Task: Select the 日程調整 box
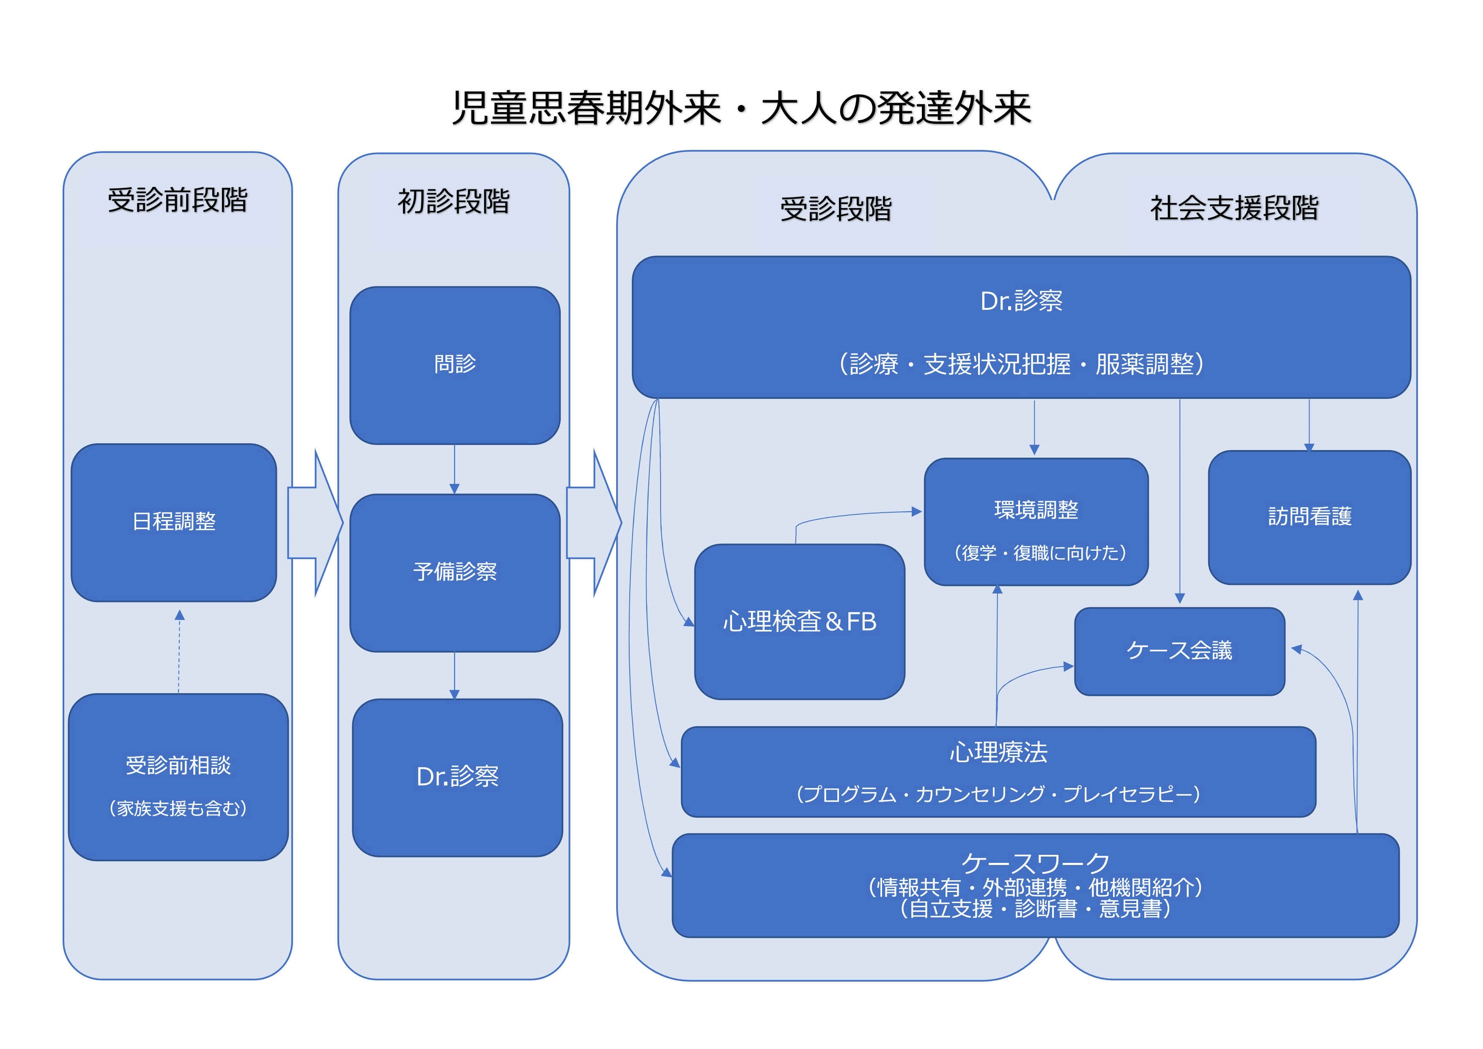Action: tap(174, 522)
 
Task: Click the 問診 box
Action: tap(455, 365)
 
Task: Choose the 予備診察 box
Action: tap(455, 572)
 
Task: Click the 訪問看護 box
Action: tap(1309, 517)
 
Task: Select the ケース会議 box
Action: tap(1179, 651)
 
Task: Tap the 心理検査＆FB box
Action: tap(800, 621)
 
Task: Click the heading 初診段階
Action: tap(453, 201)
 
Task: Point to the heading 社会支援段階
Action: tap(1234, 208)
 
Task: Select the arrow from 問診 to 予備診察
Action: tap(455, 469)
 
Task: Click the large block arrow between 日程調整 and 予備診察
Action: tap(315, 522)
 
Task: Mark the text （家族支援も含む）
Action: tap(178, 808)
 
